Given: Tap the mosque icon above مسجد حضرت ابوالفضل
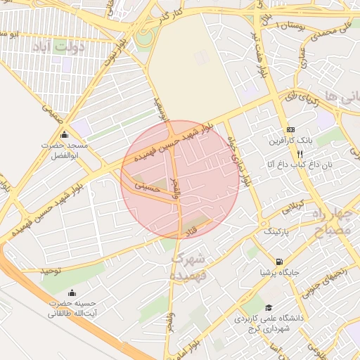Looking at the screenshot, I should [65, 134].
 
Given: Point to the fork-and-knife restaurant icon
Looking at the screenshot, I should [300, 153].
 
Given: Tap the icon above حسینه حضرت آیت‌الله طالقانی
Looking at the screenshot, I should [70, 293].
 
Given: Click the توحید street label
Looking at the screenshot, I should [51, 270].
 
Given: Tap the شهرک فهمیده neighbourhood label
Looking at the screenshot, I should [188, 266].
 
